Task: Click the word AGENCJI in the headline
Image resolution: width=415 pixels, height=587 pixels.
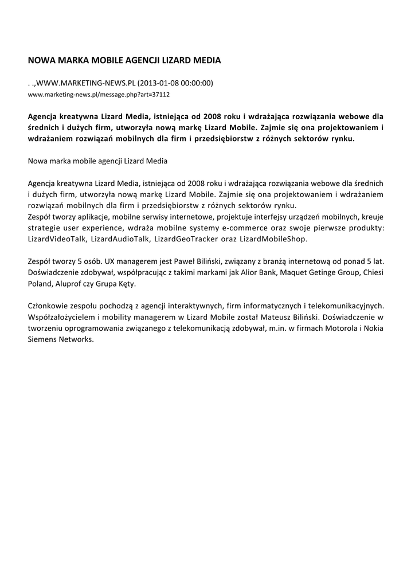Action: [x=144, y=60]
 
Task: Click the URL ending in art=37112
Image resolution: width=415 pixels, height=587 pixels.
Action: [x=99, y=94]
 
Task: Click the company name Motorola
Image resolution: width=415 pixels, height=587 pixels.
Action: [x=327, y=327]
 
